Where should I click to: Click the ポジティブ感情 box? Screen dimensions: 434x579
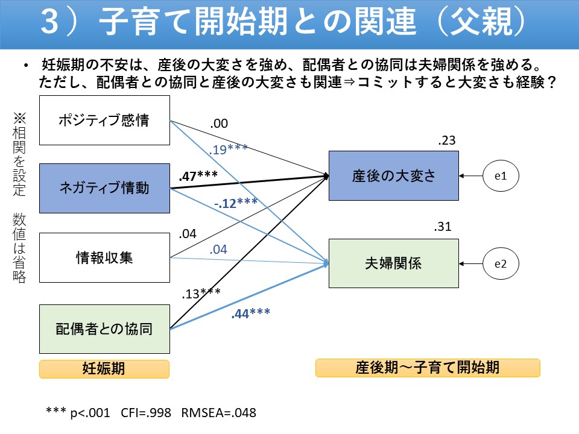[x=104, y=120]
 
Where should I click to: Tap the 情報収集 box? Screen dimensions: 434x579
[x=104, y=258]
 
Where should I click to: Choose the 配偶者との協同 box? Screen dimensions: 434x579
[x=104, y=329]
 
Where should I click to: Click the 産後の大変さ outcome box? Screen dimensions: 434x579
[x=393, y=176]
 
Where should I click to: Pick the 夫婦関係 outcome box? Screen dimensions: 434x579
[x=393, y=263]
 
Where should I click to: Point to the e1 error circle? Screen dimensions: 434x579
[x=501, y=176]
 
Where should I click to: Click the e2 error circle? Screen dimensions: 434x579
[x=501, y=263]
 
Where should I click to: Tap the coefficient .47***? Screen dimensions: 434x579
[x=198, y=176]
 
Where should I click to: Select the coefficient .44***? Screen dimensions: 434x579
[x=250, y=313]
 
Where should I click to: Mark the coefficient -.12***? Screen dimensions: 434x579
[x=236, y=204]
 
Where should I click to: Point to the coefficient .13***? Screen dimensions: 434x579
[x=201, y=294]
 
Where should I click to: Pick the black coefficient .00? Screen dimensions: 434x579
[x=219, y=124]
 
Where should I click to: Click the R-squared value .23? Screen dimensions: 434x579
[x=447, y=141]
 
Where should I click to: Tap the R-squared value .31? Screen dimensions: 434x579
[x=443, y=227]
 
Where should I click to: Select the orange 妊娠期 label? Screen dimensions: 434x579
[x=104, y=369]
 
